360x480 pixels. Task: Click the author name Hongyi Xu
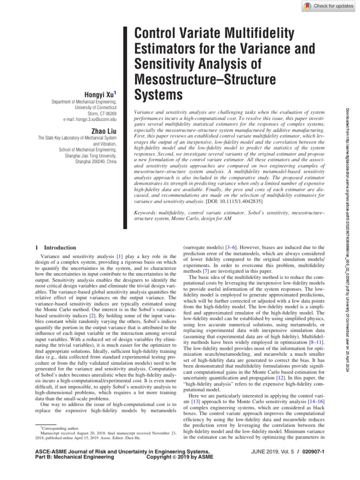(x=100, y=94)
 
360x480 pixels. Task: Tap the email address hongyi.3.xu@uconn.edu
(x=90, y=120)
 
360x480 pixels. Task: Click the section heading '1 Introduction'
(x=56, y=247)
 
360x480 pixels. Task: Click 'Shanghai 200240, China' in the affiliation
(x=96, y=162)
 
